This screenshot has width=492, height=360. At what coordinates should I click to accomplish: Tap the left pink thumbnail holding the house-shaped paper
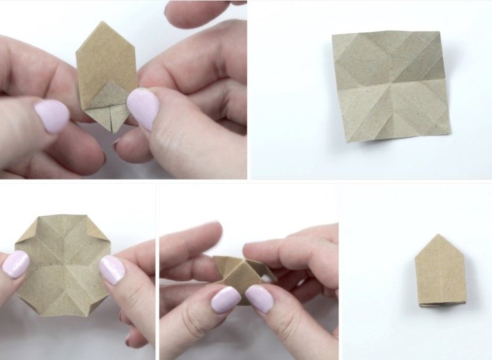coord(52,116)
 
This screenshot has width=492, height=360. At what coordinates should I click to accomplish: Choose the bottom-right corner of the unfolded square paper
coord(450,134)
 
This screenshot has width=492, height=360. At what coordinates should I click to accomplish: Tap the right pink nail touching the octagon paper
coord(112,270)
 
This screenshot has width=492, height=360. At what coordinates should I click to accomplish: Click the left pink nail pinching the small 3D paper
coord(225,299)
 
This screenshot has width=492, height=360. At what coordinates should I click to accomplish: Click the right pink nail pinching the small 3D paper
coord(260,298)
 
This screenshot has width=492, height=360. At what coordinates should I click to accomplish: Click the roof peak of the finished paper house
coord(439,235)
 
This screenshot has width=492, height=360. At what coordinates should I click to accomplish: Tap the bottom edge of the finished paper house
coord(440,303)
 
